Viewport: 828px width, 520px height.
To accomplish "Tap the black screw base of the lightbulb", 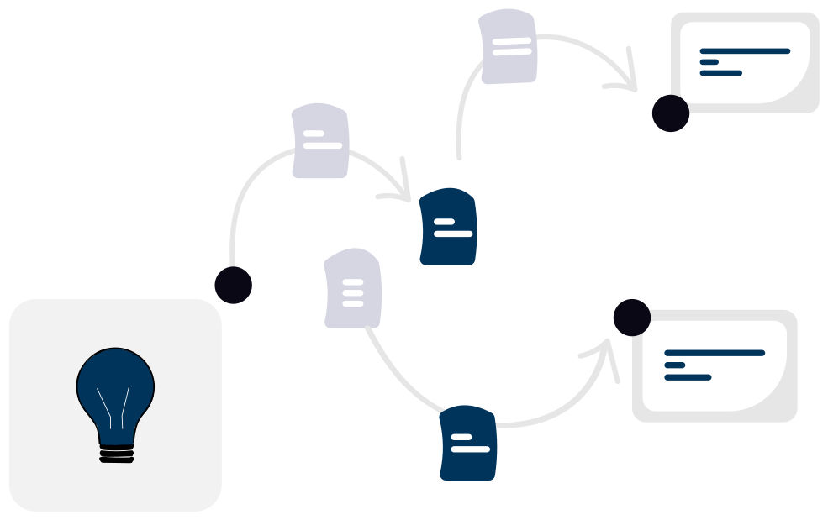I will pyautogui.click(x=116, y=454).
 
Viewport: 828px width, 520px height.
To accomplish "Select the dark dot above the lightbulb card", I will pyautogui.click(x=233, y=286).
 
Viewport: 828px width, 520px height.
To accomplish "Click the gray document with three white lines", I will pyautogui.click(x=353, y=288).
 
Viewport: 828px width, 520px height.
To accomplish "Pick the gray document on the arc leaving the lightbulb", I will pyautogui.click(x=320, y=141).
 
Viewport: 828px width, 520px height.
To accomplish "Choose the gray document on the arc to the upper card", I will pyautogui.click(x=509, y=46).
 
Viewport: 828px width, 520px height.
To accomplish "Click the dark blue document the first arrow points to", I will pyautogui.click(x=448, y=227).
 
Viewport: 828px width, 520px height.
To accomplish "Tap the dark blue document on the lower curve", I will pyautogui.click(x=468, y=443).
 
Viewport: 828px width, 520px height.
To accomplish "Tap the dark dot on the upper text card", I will pyautogui.click(x=671, y=113).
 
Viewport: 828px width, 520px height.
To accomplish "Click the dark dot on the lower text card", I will pyautogui.click(x=632, y=318).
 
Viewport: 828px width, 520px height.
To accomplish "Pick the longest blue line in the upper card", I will pyautogui.click(x=745, y=51).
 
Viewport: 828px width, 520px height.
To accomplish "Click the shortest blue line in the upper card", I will pyautogui.click(x=709, y=62).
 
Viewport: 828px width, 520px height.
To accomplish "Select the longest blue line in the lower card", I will pyautogui.click(x=715, y=353).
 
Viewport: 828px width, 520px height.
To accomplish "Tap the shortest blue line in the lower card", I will pyautogui.click(x=674, y=365).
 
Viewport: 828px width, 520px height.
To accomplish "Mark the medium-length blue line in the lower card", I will pyautogui.click(x=688, y=377).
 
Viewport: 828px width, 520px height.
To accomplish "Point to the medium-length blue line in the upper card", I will pyautogui.click(x=720, y=73).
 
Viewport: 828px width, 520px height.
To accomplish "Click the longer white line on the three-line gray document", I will pyautogui.click(x=353, y=281).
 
